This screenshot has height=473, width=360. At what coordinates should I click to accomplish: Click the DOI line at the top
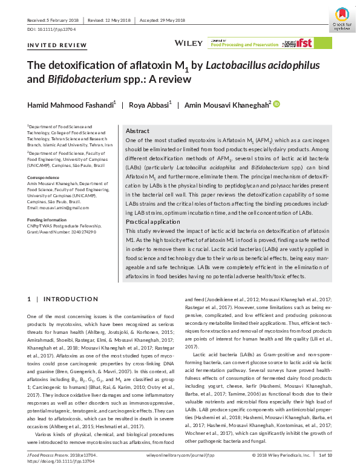51,29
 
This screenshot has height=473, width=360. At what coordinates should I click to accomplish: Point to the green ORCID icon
277,104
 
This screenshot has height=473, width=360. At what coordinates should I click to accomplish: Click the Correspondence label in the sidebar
44,177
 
